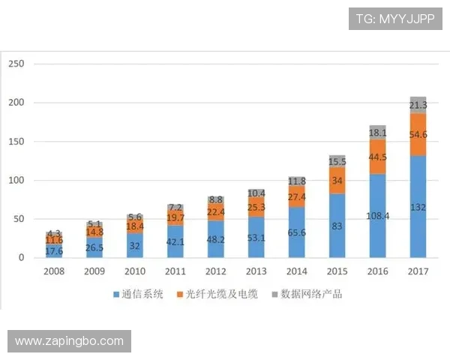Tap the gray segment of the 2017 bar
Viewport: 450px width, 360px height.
click(x=418, y=105)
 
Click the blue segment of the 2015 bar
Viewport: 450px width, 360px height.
click(x=337, y=226)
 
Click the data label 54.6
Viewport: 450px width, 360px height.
click(x=418, y=135)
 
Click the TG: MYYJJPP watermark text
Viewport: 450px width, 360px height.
click(x=395, y=18)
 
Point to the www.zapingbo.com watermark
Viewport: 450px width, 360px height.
click(x=69, y=341)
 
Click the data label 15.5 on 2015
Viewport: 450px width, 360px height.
click(x=337, y=161)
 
